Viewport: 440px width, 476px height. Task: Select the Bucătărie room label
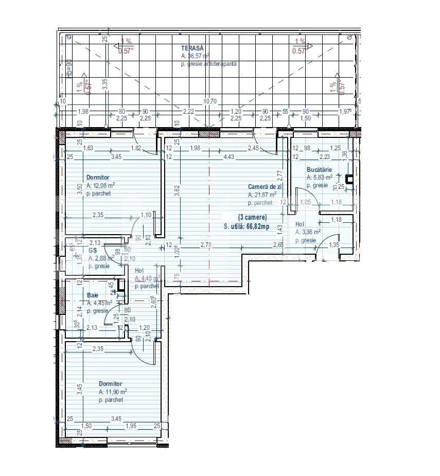[319, 170]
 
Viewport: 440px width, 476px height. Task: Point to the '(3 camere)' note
[252, 218]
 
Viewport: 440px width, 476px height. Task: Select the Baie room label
[92, 295]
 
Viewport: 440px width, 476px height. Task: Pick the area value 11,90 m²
[113, 392]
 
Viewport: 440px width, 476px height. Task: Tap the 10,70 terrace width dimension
[209, 101]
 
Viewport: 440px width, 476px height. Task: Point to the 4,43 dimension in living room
[228, 157]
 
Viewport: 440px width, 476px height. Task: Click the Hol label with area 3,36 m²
[300, 224]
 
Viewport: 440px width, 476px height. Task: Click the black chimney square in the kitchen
[350, 180]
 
